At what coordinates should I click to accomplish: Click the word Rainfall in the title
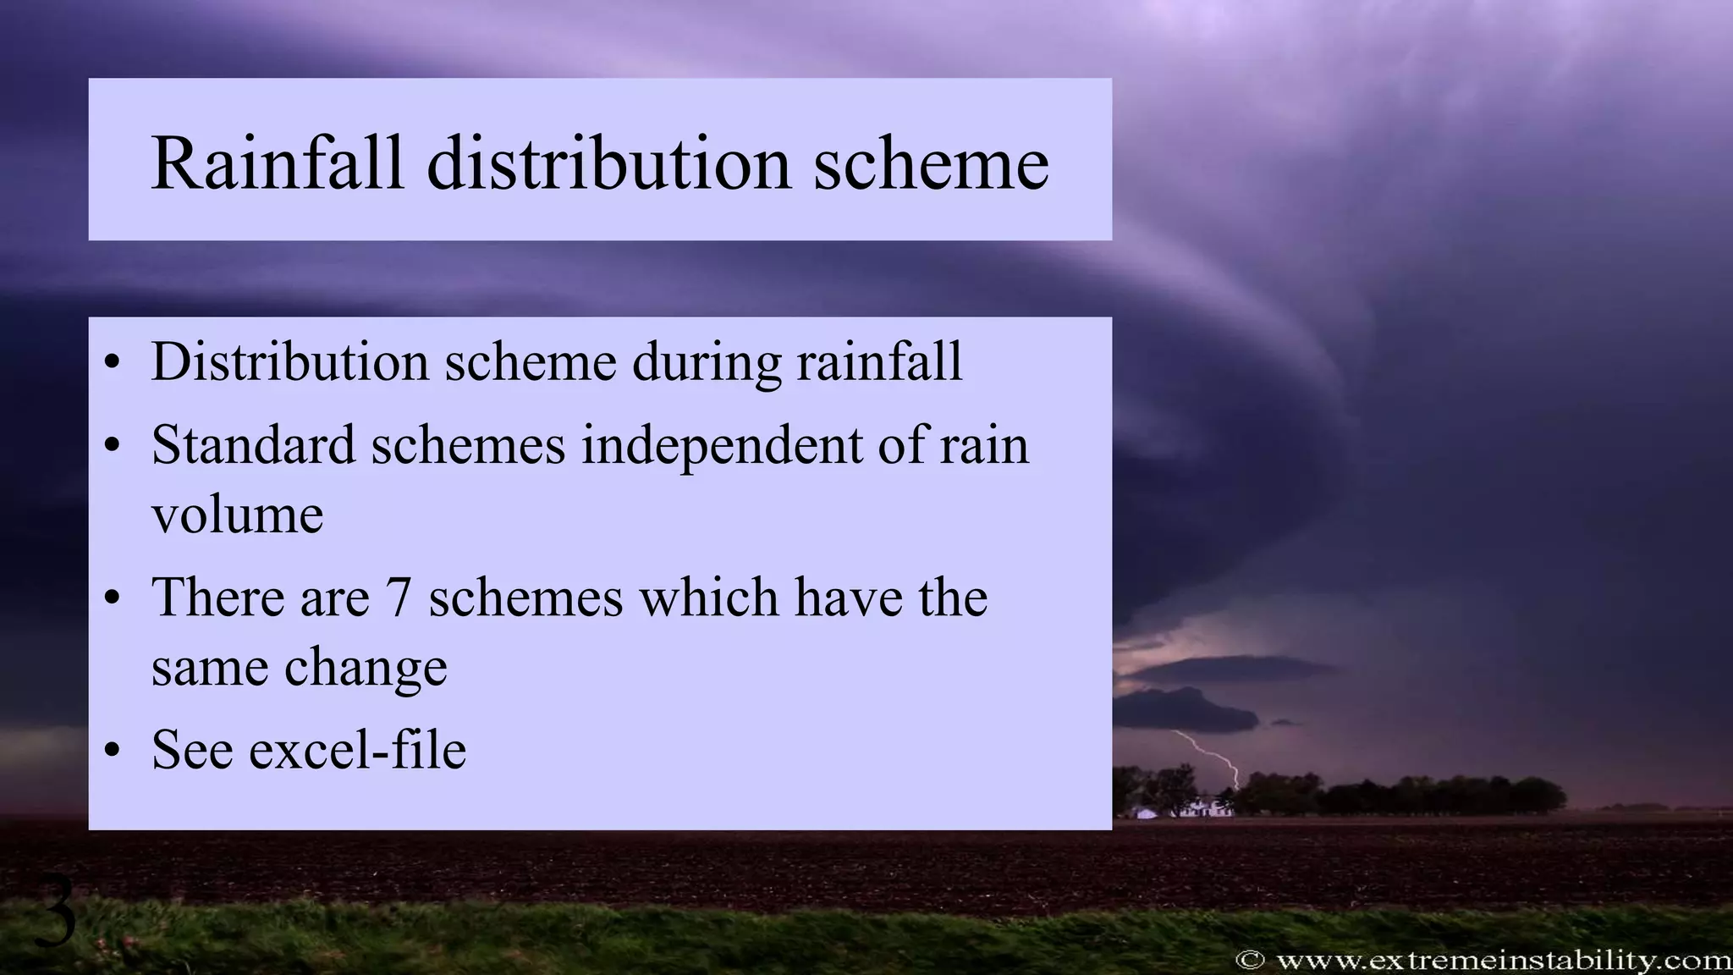coord(278,162)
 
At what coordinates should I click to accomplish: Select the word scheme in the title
coord(931,162)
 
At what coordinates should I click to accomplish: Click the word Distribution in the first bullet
coord(289,362)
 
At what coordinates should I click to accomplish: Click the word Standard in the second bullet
coord(252,445)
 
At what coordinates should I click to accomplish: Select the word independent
coord(721,447)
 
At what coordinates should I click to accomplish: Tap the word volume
coord(237,515)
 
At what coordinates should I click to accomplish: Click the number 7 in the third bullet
coord(398,598)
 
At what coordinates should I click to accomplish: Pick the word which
coord(709,598)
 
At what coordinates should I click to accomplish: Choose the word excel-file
coord(357,750)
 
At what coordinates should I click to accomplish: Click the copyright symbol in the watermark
coord(1250,960)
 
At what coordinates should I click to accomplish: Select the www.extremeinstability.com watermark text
coord(1503,960)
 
